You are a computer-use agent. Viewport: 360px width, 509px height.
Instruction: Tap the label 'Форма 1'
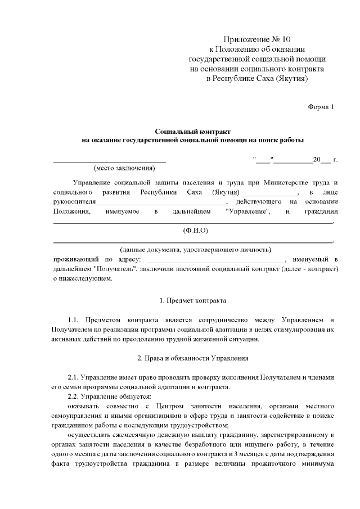tap(321, 106)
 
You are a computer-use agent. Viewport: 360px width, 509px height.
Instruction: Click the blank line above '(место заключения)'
tap(109, 161)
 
